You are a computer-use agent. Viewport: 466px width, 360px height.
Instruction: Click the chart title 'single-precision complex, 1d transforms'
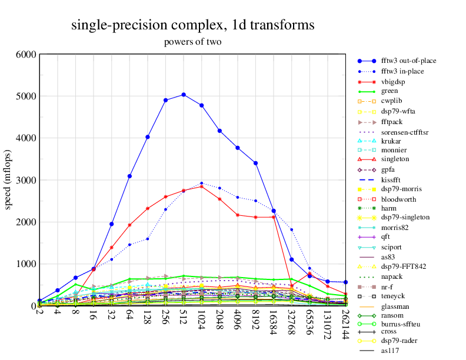192,25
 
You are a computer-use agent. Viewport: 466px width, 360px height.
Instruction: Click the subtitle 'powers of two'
192,42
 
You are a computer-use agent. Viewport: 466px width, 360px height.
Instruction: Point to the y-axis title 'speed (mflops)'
8,180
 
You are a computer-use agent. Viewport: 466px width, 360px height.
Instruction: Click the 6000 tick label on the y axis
26,55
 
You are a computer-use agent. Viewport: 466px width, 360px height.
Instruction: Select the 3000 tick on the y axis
26,180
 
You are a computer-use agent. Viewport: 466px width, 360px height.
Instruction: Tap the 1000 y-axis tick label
26,264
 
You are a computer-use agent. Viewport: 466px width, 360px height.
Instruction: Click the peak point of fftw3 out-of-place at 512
184,95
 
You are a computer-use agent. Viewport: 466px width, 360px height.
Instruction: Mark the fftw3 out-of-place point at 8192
256,163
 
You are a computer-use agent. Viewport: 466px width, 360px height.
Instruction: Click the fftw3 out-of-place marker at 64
129,176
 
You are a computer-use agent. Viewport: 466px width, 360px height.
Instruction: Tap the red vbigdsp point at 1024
202,186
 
